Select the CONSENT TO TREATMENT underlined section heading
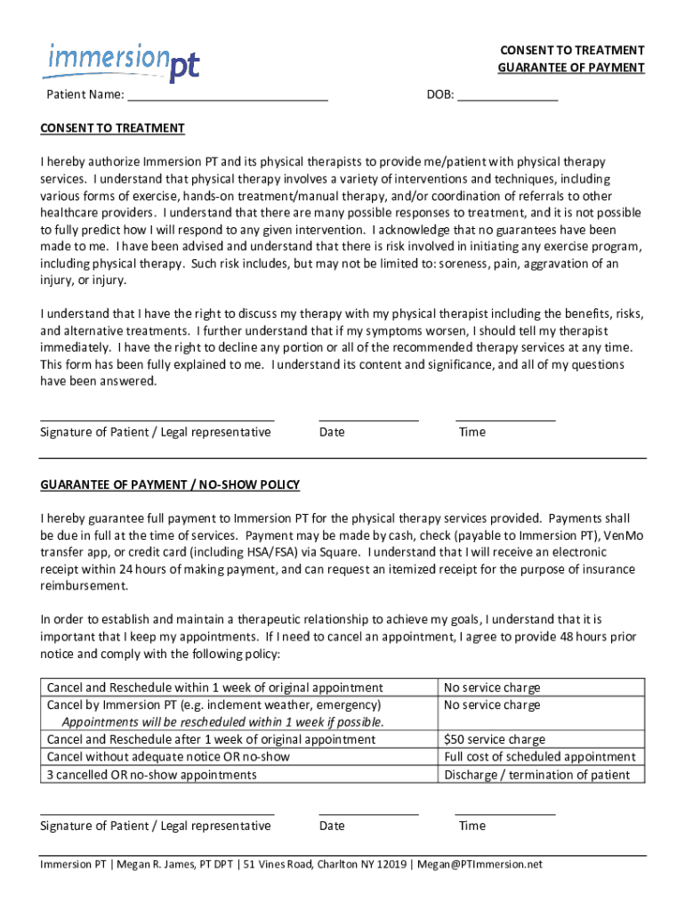[x=112, y=128]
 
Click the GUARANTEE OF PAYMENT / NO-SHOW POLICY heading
[x=170, y=484]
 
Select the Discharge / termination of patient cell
[x=536, y=775]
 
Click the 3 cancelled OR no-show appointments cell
[x=151, y=775]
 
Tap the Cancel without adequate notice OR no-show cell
[x=168, y=757]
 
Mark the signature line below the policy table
[x=157, y=811]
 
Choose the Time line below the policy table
[x=504, y=811]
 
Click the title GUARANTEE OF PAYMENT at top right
[x=571, y=69]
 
